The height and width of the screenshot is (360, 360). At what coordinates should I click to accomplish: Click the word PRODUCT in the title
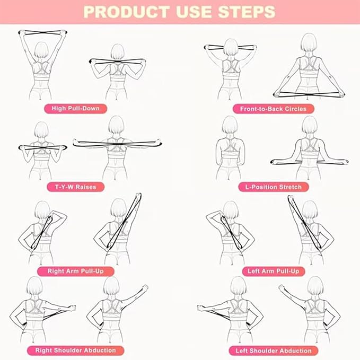pos(120,12)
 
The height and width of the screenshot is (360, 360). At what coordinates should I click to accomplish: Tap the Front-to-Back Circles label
pos(273,109)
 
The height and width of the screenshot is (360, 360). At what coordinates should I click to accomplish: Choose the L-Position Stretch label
pos(274,187)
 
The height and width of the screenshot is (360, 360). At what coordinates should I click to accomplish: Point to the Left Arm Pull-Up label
pos(273,271)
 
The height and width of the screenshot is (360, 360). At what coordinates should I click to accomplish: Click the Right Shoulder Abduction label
pos(75,350)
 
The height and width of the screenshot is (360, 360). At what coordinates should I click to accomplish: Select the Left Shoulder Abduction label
pos(274,350)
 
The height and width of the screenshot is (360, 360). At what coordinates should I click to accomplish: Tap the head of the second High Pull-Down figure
pos(118,53)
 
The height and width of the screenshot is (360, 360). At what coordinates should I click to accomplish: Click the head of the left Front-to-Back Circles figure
pos(231,48)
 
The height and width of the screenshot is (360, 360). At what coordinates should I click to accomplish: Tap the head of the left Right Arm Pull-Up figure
pos(42,210)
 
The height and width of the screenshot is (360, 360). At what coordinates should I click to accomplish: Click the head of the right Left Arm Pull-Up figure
pos(310,210)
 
